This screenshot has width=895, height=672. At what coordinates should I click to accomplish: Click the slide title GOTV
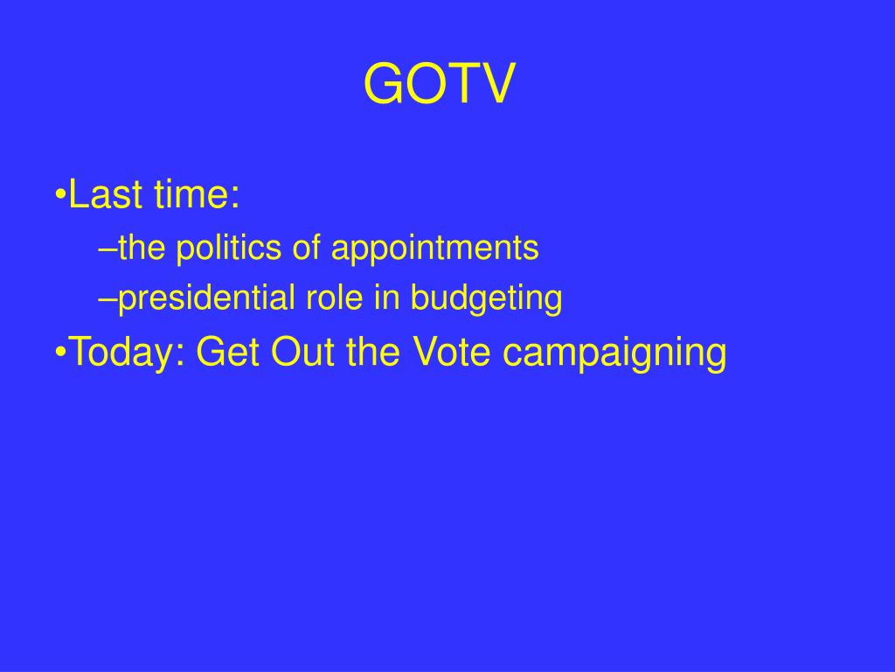(439, 83)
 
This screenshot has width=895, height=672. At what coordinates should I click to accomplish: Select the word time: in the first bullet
(197, 194)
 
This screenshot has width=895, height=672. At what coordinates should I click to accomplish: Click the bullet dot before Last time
(60, 195)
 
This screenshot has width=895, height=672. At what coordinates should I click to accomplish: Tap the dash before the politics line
(108, 250)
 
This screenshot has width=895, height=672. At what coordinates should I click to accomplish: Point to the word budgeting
(486, 298)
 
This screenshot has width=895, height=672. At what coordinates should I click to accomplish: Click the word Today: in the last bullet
(127, 352)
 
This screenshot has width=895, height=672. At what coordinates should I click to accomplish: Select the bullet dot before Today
(60, 352)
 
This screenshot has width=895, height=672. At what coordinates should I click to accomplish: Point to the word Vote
(451, 351)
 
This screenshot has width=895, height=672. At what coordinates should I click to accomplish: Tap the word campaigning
(614, 352)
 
